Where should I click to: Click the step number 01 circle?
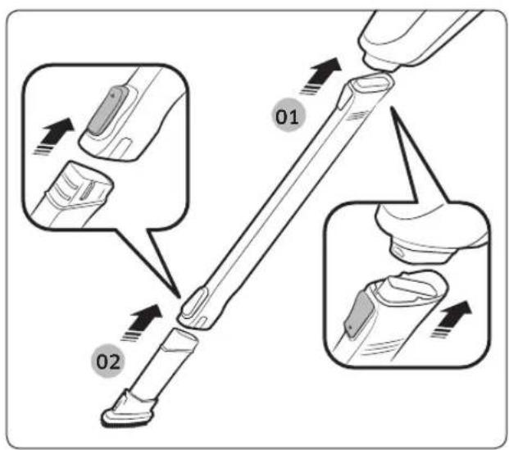(289, 116)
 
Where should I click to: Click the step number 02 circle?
(108, 361)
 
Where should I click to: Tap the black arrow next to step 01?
(322, 75)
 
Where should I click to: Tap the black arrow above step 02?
(143, 322)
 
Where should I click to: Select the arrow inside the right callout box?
(452, 319)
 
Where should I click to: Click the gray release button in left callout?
(106, 111)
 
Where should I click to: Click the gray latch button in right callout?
(358, 312)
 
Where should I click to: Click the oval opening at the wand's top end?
(372, 83)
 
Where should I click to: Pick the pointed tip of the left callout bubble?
(180, 297)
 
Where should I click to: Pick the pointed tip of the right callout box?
(392, 107)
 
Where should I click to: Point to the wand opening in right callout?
(411, 286)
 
